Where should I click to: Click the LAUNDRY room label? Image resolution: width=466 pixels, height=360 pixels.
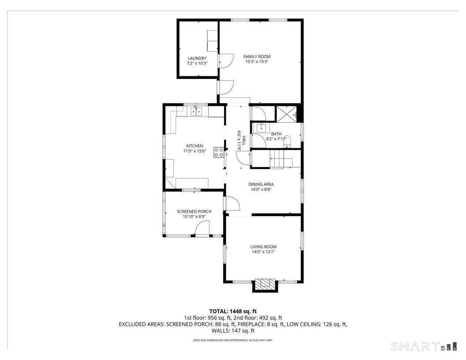coord(197,58)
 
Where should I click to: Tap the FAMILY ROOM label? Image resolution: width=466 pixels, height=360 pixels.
coord(257,56)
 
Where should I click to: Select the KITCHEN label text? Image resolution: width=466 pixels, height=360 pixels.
coord(194,146)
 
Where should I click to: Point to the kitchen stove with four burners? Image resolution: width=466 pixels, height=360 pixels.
coord(218,153)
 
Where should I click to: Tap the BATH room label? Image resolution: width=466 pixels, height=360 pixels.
coord(276,134)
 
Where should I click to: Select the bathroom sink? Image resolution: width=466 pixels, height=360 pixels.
coord(262,128)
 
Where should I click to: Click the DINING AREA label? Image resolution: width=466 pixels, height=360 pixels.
coord(261,184)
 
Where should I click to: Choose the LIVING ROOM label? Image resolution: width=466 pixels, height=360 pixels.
coord(263,247)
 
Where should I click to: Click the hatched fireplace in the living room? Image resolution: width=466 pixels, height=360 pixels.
coord(265,284)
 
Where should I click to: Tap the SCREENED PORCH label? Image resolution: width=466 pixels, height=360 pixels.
coord(194,212)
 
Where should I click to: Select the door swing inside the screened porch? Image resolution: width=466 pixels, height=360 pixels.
coord(203,228)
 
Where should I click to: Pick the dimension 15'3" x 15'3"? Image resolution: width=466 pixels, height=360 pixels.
coord(257,62)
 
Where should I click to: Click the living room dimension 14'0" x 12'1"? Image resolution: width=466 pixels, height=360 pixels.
coord(263,252)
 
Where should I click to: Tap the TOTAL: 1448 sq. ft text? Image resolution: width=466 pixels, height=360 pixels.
coord(233,311)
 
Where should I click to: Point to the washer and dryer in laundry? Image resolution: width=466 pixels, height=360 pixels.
coord(212,41)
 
